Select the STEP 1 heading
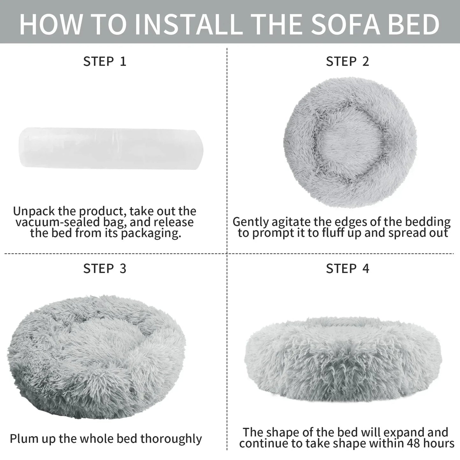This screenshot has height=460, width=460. click(104, 61)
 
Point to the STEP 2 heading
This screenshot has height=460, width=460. click(348, 61)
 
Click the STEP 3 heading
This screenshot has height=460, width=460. click(104, 269)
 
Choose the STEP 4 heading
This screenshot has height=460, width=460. click(348, 269)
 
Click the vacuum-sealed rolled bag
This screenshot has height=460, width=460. click(111, 148)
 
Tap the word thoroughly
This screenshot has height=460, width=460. click(171, 439)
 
